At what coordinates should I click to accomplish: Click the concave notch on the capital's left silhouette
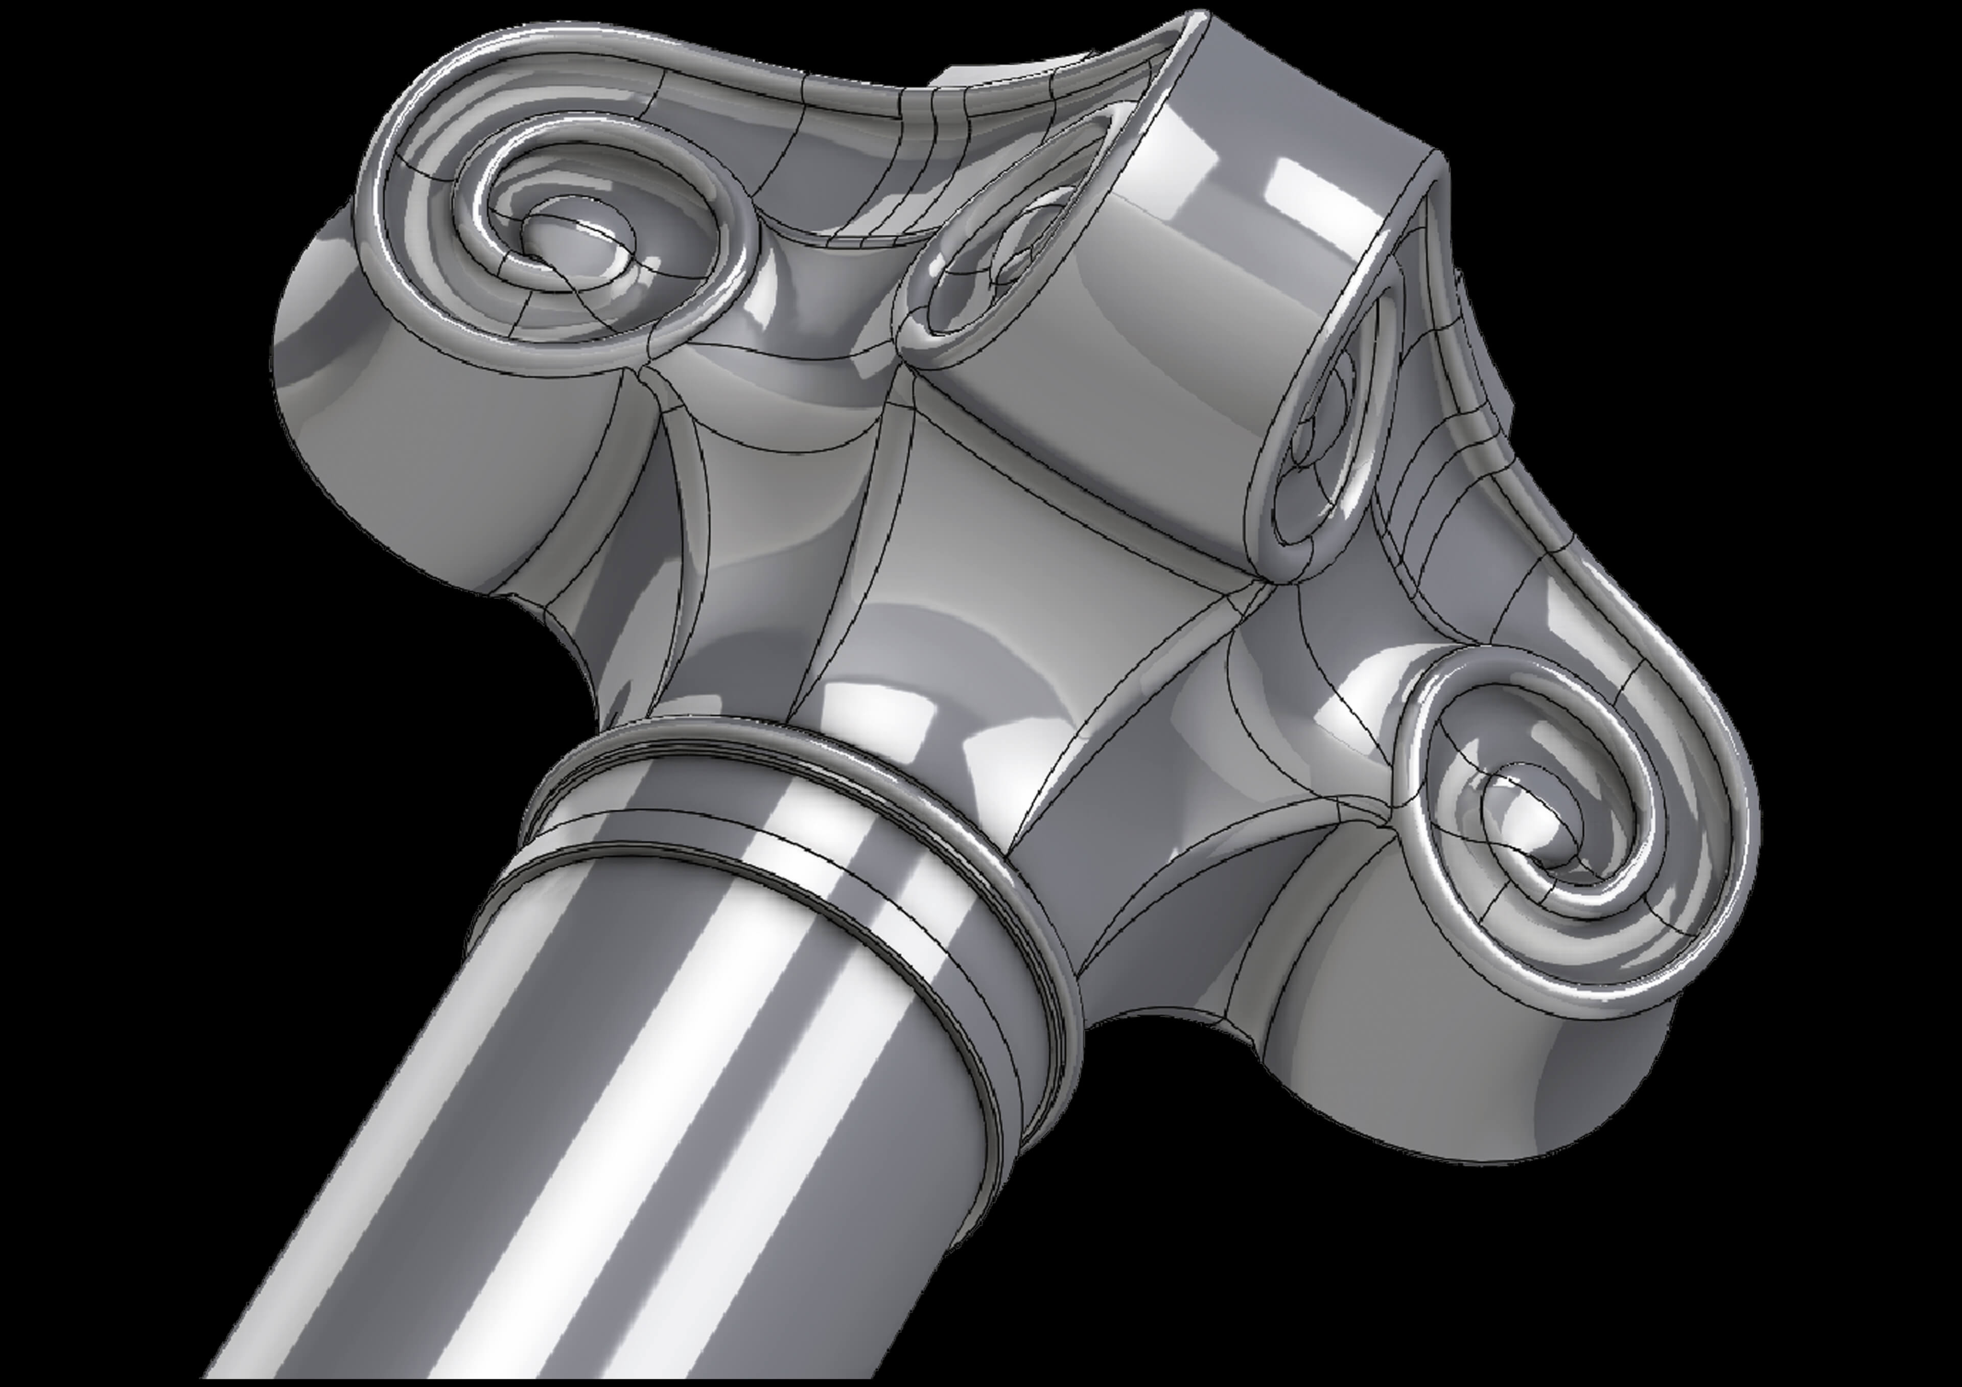[564, 632]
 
